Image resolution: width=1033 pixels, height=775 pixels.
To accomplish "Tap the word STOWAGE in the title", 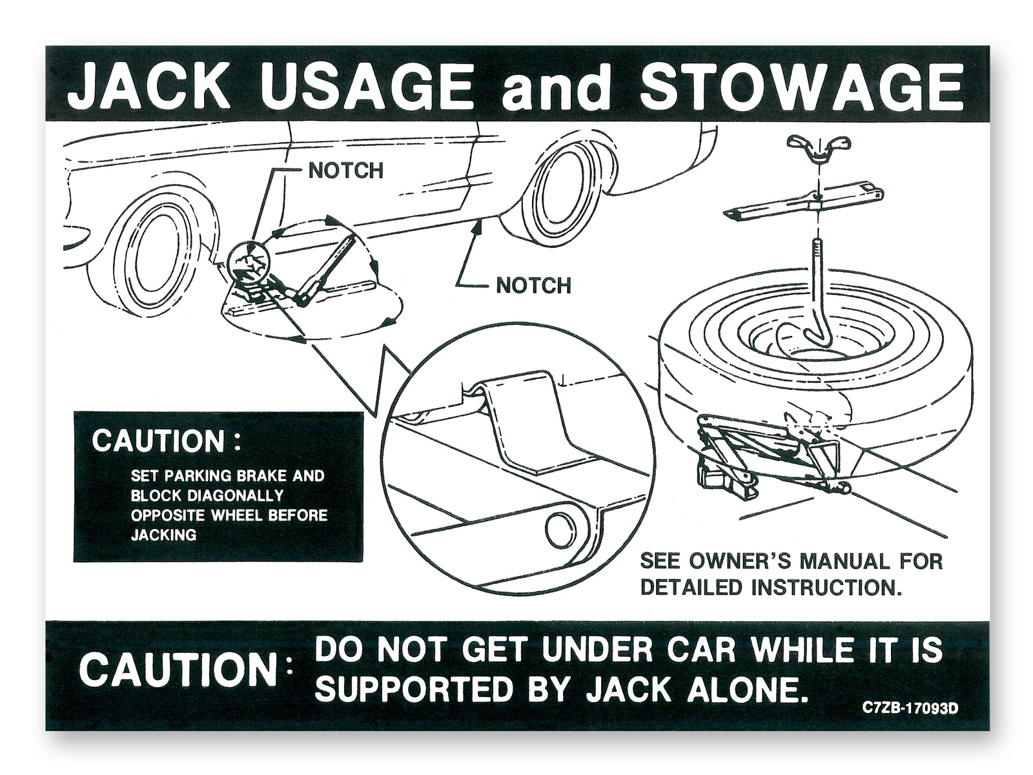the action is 802,87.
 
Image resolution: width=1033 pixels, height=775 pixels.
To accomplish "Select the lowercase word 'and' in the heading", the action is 556,88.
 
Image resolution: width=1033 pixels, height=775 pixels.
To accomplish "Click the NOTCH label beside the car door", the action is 346,170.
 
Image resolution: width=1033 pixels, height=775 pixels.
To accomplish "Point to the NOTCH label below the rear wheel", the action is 534,285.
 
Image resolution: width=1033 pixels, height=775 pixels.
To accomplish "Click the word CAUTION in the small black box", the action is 158,441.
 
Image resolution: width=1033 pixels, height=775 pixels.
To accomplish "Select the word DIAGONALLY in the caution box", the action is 235,495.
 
